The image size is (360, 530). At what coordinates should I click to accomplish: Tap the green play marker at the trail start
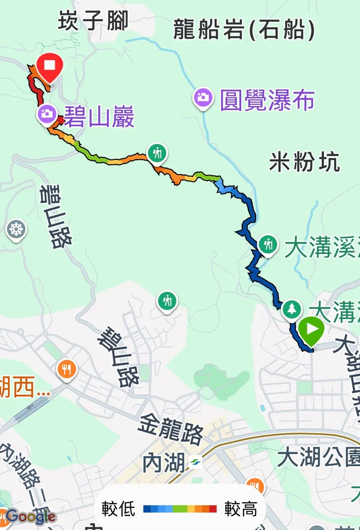point(311,329)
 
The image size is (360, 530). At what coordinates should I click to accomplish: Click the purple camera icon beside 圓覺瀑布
point(203,97)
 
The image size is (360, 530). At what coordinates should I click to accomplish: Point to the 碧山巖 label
point(99,117)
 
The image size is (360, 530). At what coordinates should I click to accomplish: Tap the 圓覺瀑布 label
point(267,100)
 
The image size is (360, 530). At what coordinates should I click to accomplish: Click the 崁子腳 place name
point(93,21)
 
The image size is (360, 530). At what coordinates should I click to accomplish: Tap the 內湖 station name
point(164,462)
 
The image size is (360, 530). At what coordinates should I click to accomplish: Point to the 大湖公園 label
point(319,458)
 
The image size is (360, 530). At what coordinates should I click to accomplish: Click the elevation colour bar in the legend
point(180,509)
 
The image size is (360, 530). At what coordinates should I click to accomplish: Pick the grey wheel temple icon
point(17,229)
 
